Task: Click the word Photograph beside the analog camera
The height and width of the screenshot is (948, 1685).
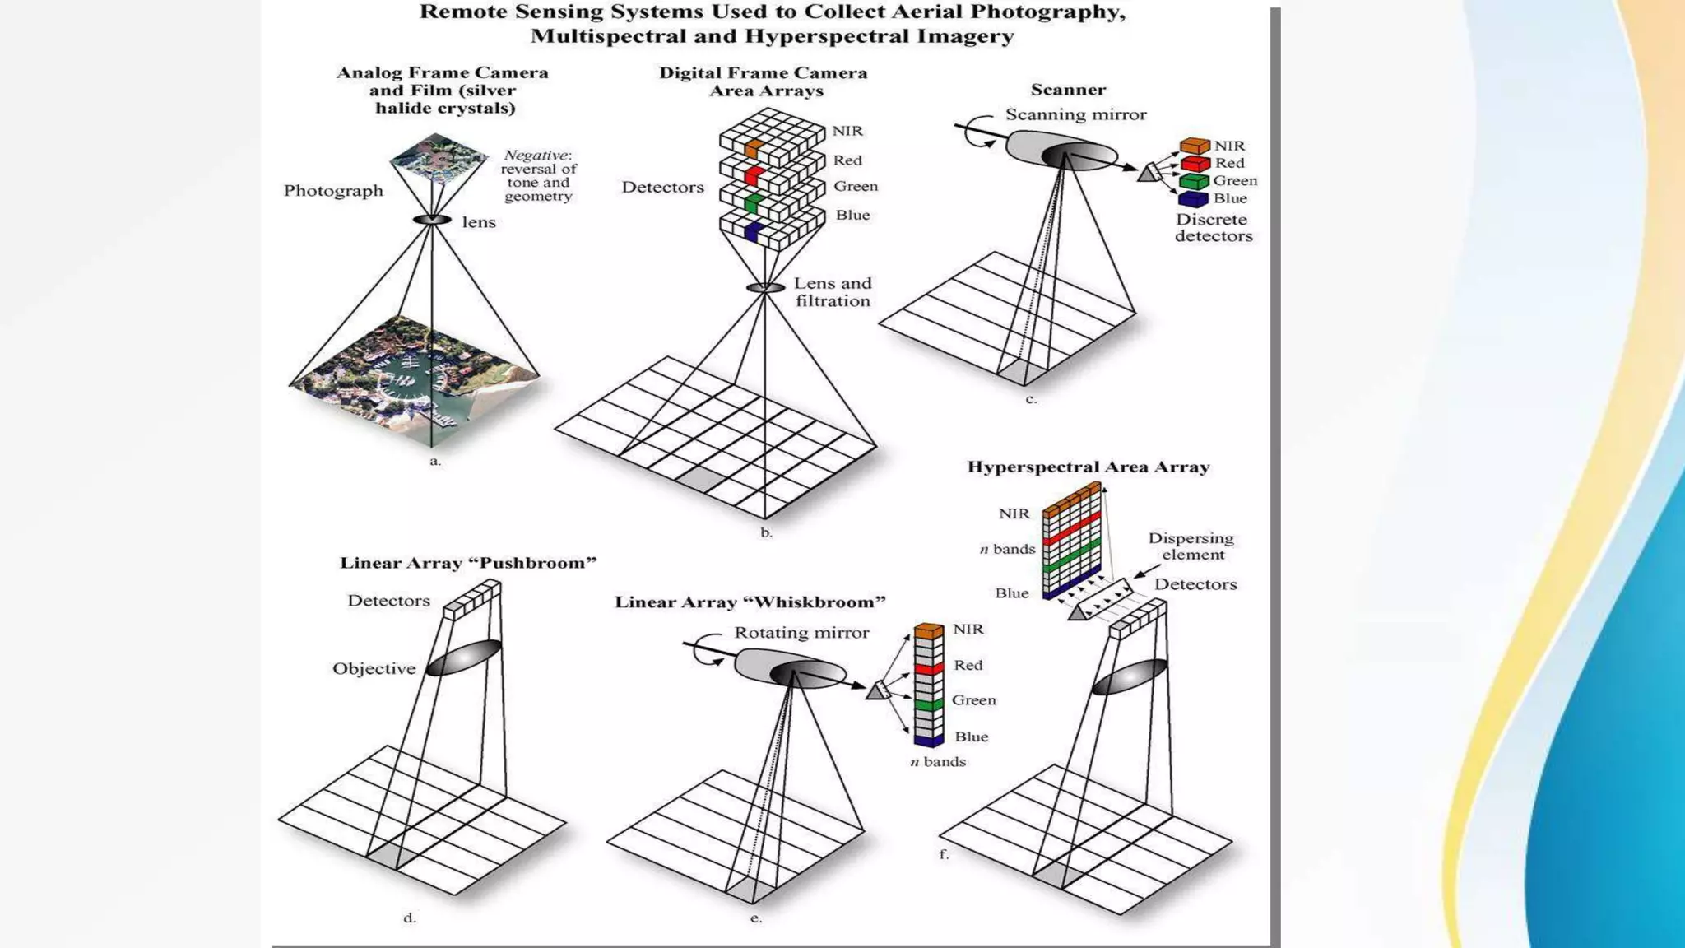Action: [333, 191]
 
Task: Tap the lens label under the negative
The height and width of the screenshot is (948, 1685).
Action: [478, 222]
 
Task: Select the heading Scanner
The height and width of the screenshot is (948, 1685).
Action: [1068, 90]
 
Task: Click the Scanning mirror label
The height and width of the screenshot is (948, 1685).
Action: [1075, 115]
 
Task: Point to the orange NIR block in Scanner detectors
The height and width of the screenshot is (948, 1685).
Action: [1194, 146]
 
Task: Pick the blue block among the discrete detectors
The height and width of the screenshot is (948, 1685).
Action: [1192, 199]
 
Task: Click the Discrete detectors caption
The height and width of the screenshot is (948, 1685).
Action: [1213, 228]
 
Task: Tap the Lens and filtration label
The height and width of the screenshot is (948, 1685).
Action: [832, 292]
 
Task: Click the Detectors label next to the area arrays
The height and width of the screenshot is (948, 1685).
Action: [662, 188]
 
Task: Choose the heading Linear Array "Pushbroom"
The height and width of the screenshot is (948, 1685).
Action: [467, 564]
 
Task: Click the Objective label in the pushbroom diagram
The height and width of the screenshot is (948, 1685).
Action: [374, 669]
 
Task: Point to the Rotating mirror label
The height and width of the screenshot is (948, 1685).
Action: [801, 633]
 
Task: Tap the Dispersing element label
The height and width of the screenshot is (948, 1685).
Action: [1191, 546]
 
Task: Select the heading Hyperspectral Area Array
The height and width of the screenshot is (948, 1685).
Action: [1088, 467]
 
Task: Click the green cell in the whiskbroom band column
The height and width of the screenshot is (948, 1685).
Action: [928, 705]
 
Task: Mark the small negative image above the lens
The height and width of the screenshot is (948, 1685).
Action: [438, 158]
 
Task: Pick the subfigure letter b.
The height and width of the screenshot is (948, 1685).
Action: [766, 533]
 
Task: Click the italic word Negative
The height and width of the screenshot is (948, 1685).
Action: [536, 156]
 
